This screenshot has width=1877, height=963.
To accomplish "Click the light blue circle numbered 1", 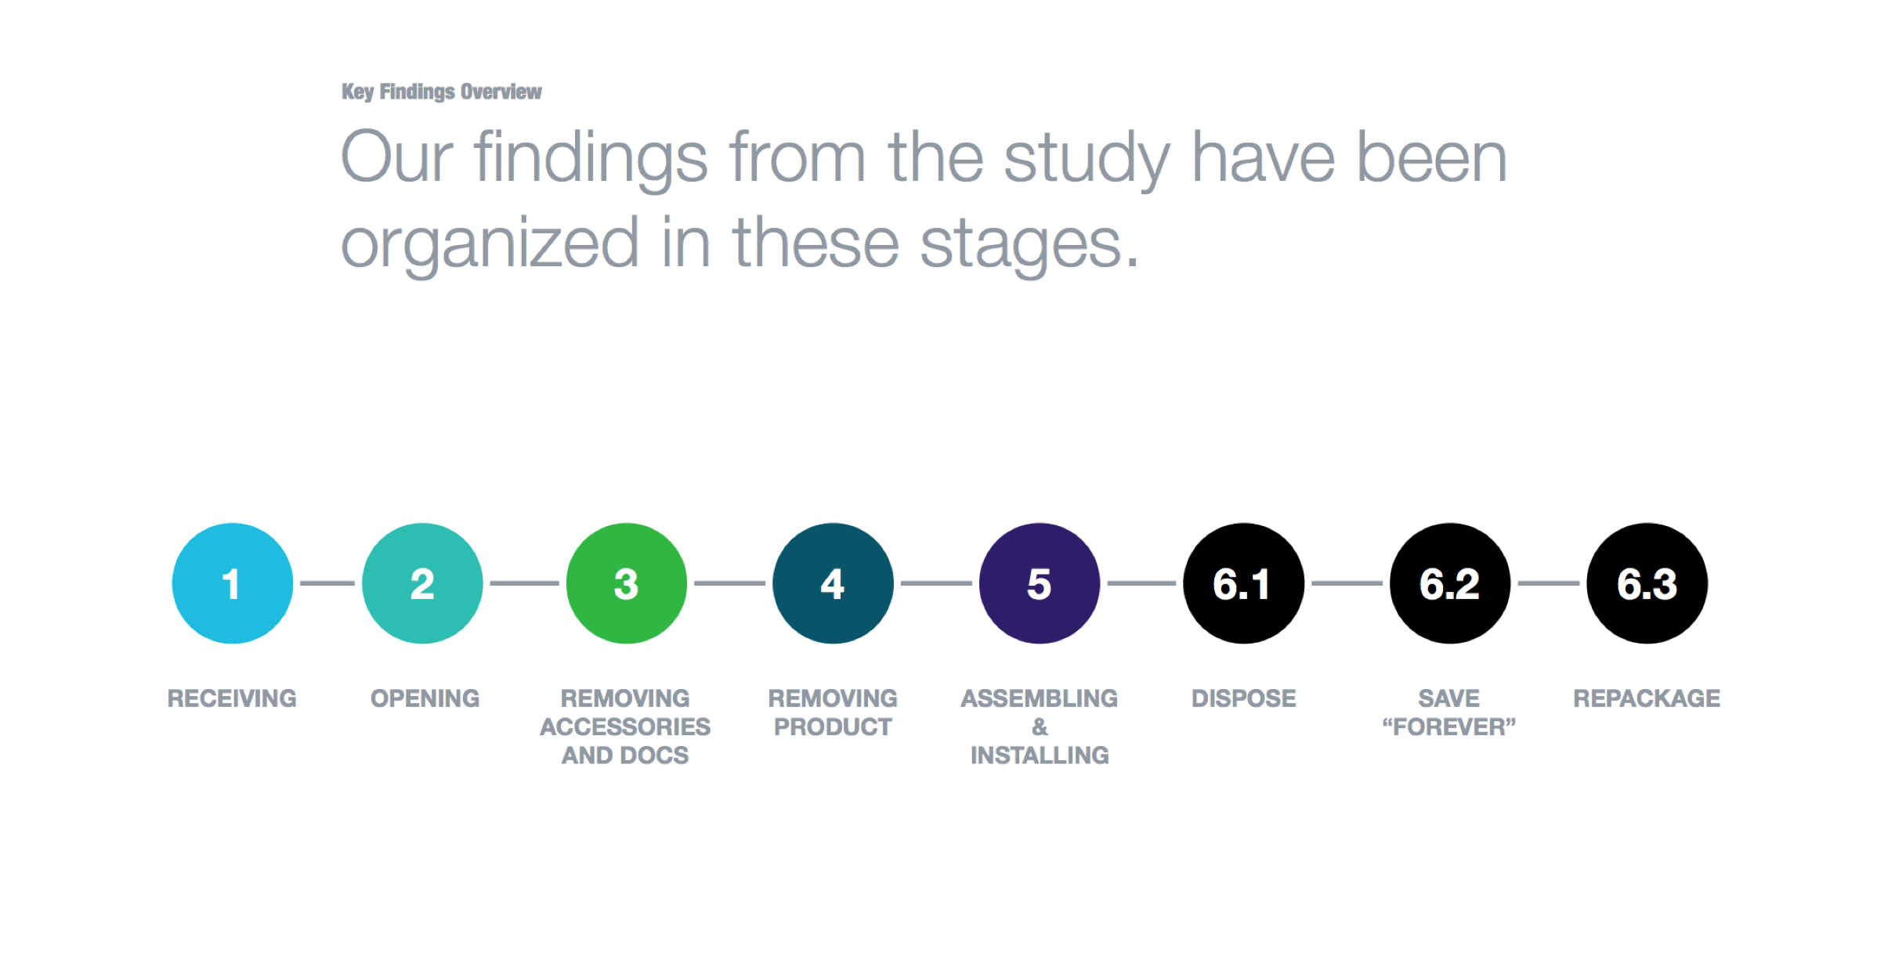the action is click(x=233, y=583).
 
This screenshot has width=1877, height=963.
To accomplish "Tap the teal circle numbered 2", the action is click(x=422, y=583).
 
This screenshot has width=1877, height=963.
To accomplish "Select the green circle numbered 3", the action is click(x=627, y=583).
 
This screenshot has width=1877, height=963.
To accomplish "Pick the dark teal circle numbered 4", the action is click(x=833, y=583).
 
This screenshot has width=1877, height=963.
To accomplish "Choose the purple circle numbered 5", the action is click(x=1040, y=583).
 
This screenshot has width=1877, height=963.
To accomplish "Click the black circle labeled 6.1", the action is click(x=1244, y=583).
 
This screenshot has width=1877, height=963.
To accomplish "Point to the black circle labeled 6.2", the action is click(x=1450, y=583).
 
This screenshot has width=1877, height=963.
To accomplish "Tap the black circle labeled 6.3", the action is click(x=1647, y=583).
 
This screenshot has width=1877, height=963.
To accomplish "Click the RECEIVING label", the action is click(x=233, y=698).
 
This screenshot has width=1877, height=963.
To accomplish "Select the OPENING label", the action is click(x=425, y=698).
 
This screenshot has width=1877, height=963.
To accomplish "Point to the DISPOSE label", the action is click(x=1244, y=698).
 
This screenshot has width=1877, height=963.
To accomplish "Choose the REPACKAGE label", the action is click(x=1647, y=698).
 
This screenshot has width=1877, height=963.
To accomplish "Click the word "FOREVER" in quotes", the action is click(x=1449, y=727).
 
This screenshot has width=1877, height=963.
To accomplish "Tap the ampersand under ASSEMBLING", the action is click(x=1040, y=727).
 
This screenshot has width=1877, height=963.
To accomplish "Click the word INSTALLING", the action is click(x=1040, y=756).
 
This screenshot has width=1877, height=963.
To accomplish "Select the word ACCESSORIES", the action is click(x=625, y=727).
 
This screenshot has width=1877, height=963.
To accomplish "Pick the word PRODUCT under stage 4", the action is click(x=833, y=727).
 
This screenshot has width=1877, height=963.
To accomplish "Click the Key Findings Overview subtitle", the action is click(x=442, y=92).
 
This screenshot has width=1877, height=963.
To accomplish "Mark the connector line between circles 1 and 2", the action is click(x=327, y=583).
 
